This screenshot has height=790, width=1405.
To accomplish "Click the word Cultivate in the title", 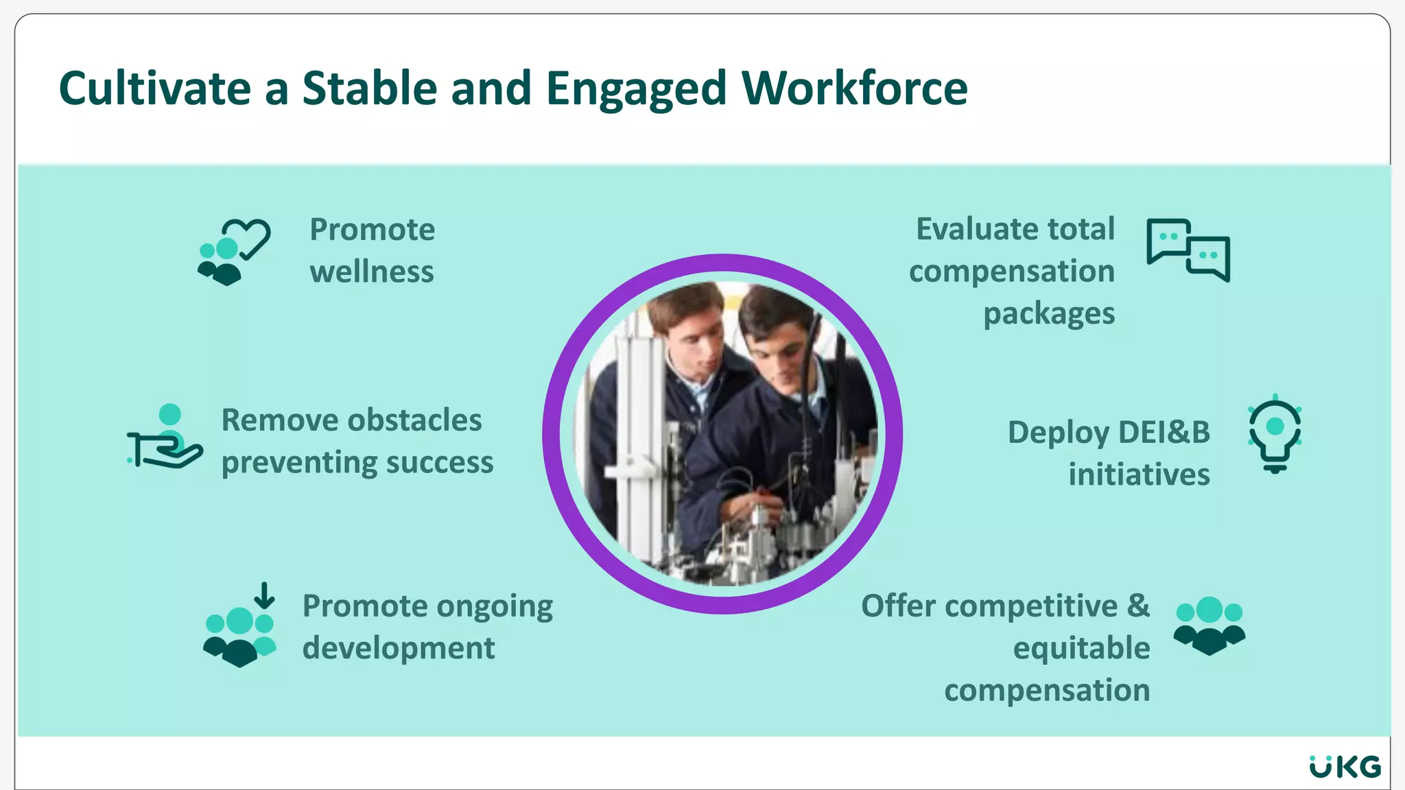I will [x=155, y=89].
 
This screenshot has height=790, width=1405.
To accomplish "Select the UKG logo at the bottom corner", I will [x=1345, y=766].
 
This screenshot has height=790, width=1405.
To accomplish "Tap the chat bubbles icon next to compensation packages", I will [x=1188, y=250].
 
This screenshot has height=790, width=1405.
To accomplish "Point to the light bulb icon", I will [x=1275, y=434].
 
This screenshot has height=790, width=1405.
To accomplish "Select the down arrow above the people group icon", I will [x=264, y=595].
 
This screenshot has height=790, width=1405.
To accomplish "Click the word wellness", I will [x=371, y=272].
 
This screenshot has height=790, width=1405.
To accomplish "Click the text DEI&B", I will [x=1164, y=433].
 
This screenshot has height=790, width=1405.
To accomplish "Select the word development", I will [x=398, y=649].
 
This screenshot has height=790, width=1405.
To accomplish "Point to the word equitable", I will [x=1081, y=649].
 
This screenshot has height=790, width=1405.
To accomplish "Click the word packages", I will [x=1048, y=314].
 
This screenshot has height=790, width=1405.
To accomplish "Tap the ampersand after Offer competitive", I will [x=1138, y=606].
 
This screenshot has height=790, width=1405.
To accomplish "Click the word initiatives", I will [x=1139, y=475].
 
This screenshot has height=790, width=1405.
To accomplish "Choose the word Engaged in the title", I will [x=636, y=89].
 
